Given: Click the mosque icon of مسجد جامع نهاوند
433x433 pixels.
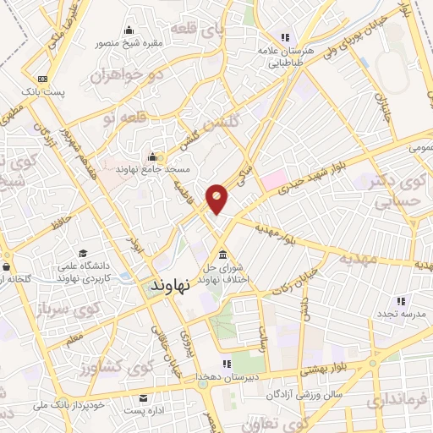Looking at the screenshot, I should click(152, 156).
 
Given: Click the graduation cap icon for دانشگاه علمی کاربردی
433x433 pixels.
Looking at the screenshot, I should click(83, 253).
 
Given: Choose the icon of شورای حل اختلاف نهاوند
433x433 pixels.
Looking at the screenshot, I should click(222, 255).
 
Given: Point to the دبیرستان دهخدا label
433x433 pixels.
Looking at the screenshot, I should click(235, 375).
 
